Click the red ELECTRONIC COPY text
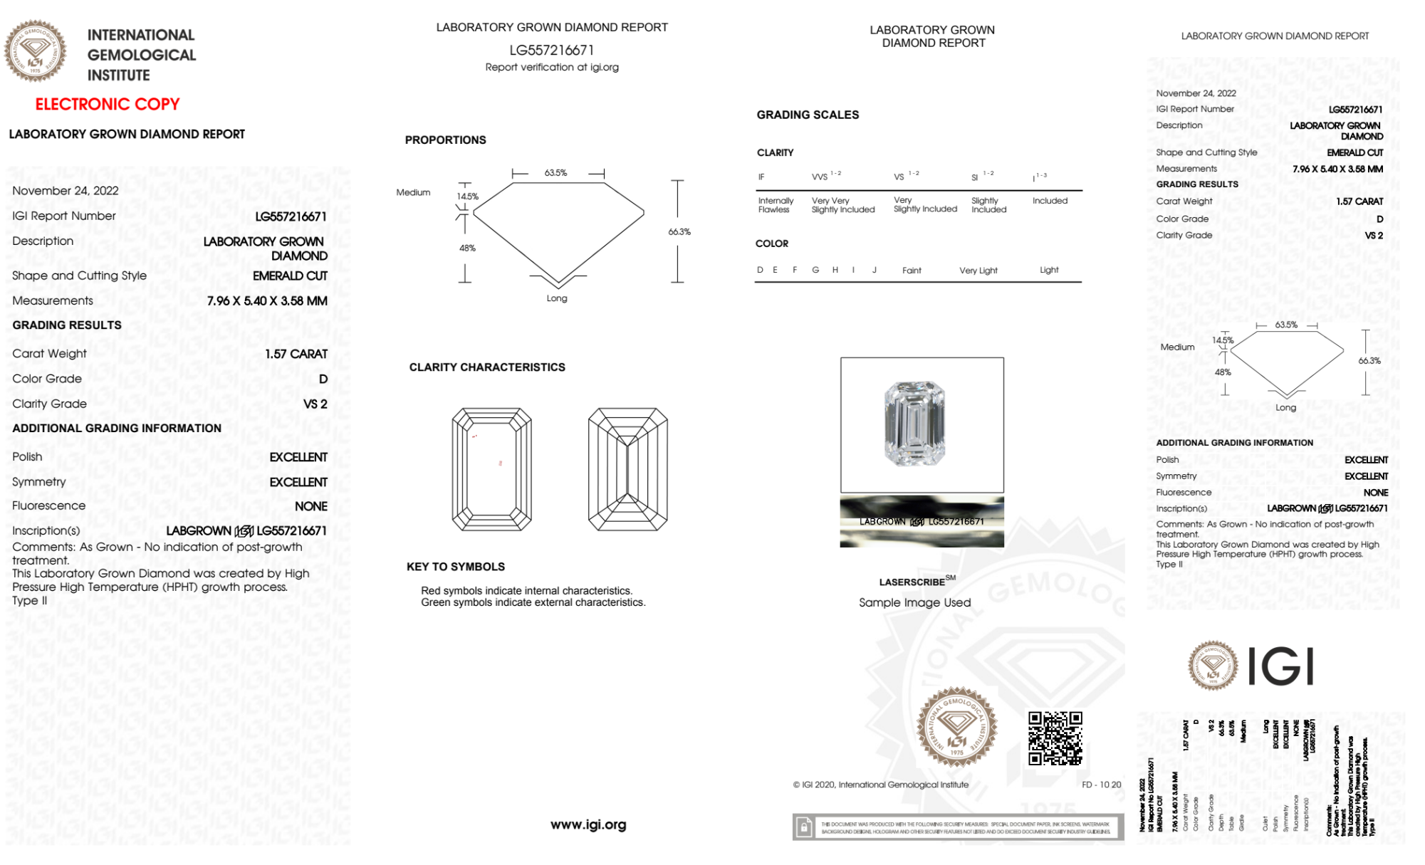107,104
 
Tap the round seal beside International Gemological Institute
35,51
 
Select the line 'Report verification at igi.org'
551,67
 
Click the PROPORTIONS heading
445,140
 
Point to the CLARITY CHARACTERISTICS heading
486,367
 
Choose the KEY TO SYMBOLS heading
455,567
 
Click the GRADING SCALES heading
807,115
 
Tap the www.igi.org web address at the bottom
588,824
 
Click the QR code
1055,738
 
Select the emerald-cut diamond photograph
914,424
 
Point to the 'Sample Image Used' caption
914,602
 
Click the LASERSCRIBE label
912,582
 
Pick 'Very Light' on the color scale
978,271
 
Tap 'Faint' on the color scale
911,271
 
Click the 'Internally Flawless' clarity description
775,205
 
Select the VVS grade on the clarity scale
820,177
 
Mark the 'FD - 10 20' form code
1100,785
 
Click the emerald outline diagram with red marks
491,469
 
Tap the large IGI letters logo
1280,667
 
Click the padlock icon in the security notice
804,827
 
